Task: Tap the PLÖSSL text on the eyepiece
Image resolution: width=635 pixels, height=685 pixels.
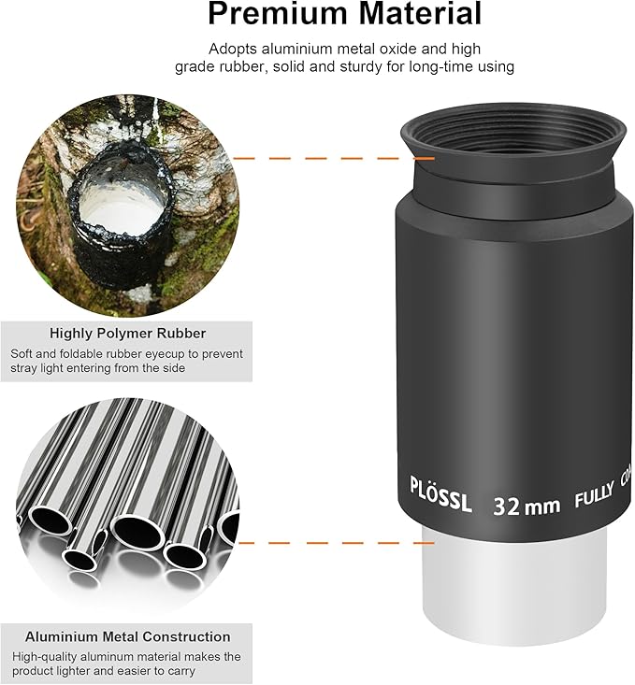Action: (441, 488)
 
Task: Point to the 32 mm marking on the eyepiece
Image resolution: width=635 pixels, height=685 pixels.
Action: (527, 506)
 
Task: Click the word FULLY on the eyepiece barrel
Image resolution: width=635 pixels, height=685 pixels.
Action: (594, 499)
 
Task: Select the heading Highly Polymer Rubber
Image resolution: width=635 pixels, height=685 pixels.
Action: (127, 333)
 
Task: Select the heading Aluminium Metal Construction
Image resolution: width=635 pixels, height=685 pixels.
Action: (127, 636)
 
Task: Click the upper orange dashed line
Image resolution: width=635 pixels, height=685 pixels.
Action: (318, 158)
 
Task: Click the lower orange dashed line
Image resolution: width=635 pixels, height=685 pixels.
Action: (337, 542)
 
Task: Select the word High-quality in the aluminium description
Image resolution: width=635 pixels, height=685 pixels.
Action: (44, 657)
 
